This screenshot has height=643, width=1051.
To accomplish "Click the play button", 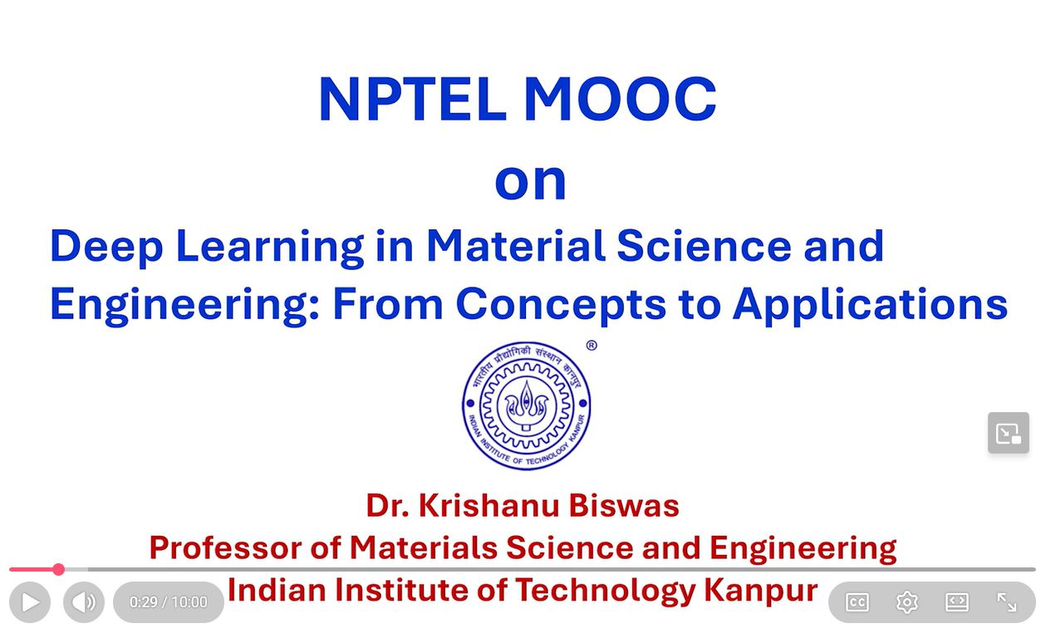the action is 30,602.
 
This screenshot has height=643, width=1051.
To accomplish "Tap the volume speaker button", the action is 84,602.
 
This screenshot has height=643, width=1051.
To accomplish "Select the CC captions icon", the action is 857,602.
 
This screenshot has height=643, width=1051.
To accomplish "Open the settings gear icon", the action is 907,602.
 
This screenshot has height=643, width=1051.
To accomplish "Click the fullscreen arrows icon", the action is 1006,602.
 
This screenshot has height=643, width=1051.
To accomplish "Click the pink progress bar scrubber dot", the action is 59,569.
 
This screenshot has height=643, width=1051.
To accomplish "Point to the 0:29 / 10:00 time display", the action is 169,602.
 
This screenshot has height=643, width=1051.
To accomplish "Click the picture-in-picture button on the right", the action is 1009,433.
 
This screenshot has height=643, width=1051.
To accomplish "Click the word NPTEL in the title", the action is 413,99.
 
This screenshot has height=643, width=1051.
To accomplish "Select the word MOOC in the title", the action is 619,99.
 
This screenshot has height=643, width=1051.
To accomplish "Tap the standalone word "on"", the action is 530,182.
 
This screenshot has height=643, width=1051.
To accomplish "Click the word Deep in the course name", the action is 106,248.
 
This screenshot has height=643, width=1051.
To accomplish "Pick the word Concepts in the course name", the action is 561,306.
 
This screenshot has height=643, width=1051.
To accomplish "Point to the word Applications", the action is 871,306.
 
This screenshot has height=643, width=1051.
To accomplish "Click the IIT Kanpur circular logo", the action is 527,405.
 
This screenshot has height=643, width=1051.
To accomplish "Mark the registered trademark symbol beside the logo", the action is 592,346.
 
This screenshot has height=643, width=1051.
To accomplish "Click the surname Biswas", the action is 624,506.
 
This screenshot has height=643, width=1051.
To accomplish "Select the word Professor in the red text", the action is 226,547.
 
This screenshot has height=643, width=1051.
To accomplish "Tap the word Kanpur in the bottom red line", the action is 760,591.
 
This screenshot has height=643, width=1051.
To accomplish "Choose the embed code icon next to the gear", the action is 956,602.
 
